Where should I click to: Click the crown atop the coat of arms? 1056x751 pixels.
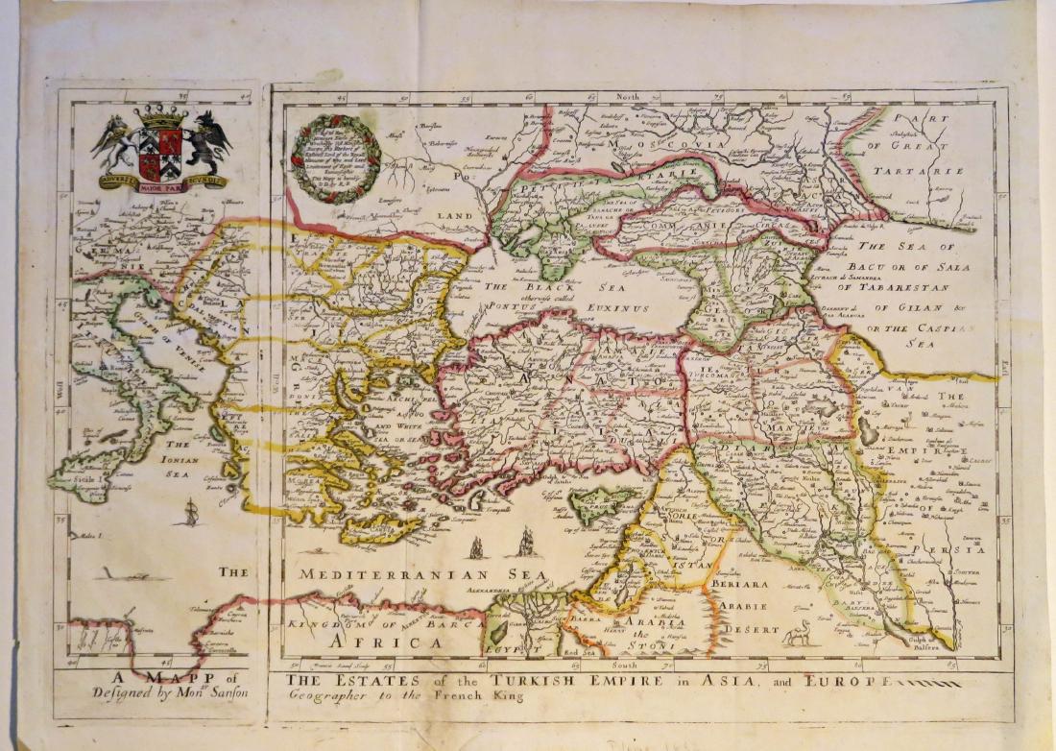pos(160,119)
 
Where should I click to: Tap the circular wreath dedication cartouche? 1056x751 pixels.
pos(336,159)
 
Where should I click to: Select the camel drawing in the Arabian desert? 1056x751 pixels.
pos(795,633)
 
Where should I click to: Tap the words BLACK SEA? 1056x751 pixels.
pos(525,286)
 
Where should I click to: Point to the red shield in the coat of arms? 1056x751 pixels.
pos(160,153)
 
